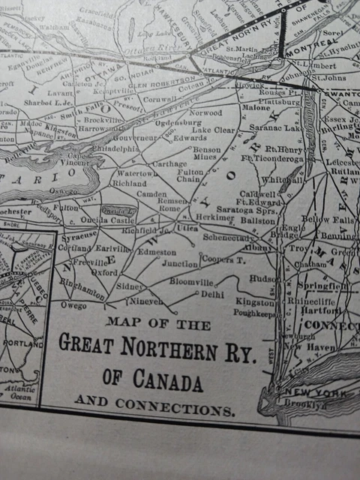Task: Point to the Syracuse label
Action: [79, 235]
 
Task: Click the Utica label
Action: [187, 226]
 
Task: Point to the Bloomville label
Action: [191, 282]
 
